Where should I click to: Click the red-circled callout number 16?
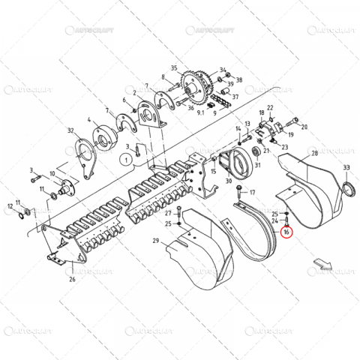pos(286,233)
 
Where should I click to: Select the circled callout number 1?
pos(127,159)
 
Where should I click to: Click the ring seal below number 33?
pos(348,187)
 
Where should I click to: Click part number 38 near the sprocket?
pos(239,79)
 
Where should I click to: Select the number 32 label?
pos(72,130)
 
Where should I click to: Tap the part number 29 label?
pos(155,240)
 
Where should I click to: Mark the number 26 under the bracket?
pos(72,279)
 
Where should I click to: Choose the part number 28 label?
pos(313,153)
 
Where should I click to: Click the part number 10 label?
pos(52,173)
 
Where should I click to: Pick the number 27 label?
pos(169,214)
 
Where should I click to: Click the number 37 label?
pos(235,97)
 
